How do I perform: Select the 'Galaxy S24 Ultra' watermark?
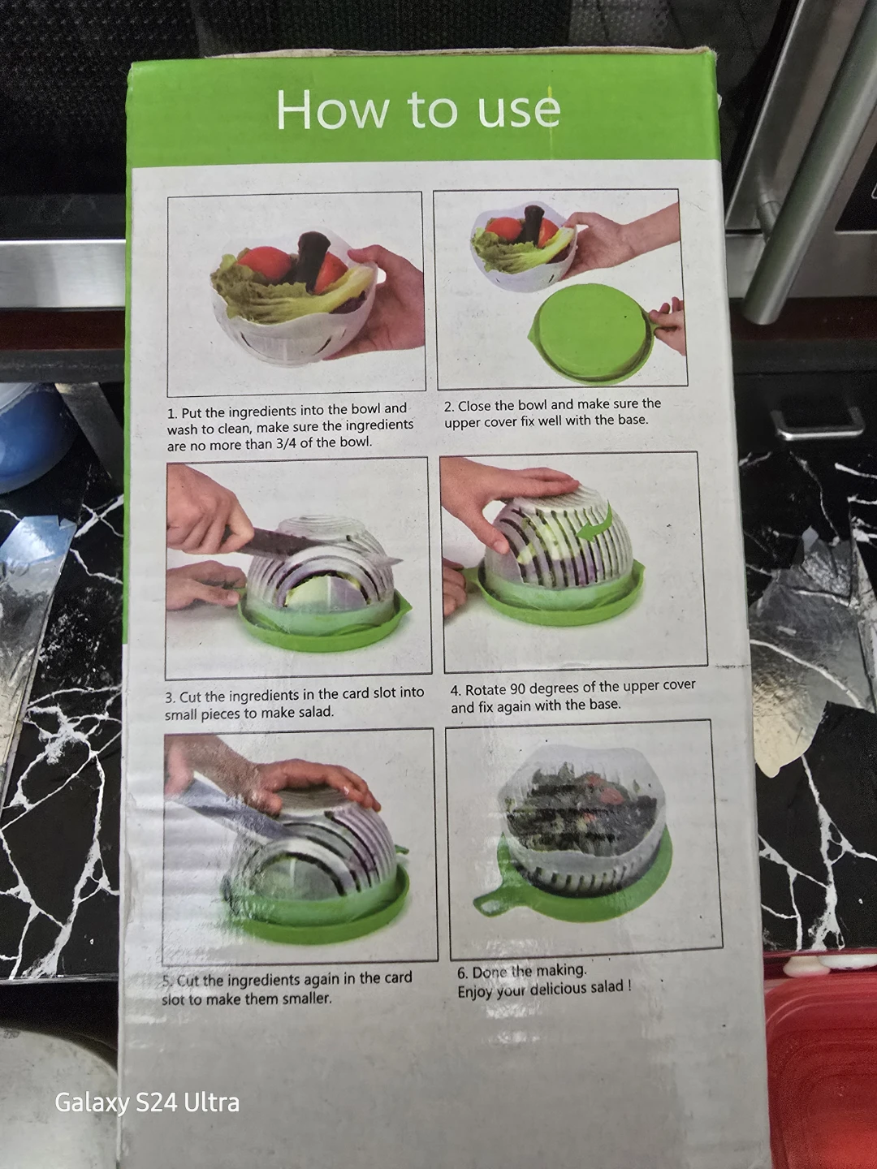click(147, 1102)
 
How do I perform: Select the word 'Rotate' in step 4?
click(486, 690)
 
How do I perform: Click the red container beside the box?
click(822, 1065)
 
